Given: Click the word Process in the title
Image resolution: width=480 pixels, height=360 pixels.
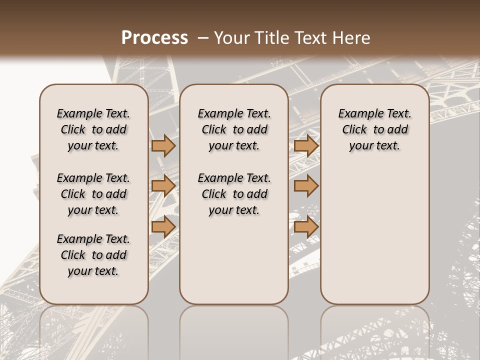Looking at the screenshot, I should [154, 38].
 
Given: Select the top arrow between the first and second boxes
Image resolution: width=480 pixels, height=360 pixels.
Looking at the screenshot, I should [163, 145].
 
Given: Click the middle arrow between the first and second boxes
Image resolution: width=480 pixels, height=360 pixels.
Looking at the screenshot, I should [163, 186].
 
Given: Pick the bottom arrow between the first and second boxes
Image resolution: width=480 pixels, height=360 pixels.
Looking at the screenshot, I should [163, 226].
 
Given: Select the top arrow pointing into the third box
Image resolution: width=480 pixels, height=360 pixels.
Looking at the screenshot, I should [306, 145].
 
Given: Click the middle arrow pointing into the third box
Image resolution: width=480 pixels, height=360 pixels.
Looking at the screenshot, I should [306, 186].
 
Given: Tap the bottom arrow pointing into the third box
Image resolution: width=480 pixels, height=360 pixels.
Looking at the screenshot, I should [306, 226].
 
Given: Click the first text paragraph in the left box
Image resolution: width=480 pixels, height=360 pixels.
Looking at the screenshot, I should [93, 129].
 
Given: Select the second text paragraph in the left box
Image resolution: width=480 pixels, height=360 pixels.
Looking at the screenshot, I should [93, 194].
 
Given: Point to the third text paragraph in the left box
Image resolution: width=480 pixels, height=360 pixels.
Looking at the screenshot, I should [93, 255].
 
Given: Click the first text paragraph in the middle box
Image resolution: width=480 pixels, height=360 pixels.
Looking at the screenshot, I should [234, 129].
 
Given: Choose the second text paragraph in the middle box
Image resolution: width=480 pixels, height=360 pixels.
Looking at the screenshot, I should [234, 194].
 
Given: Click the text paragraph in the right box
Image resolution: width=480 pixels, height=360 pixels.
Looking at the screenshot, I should [375, 129].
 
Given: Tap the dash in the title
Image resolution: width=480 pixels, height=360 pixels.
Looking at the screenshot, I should [203, 38].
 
